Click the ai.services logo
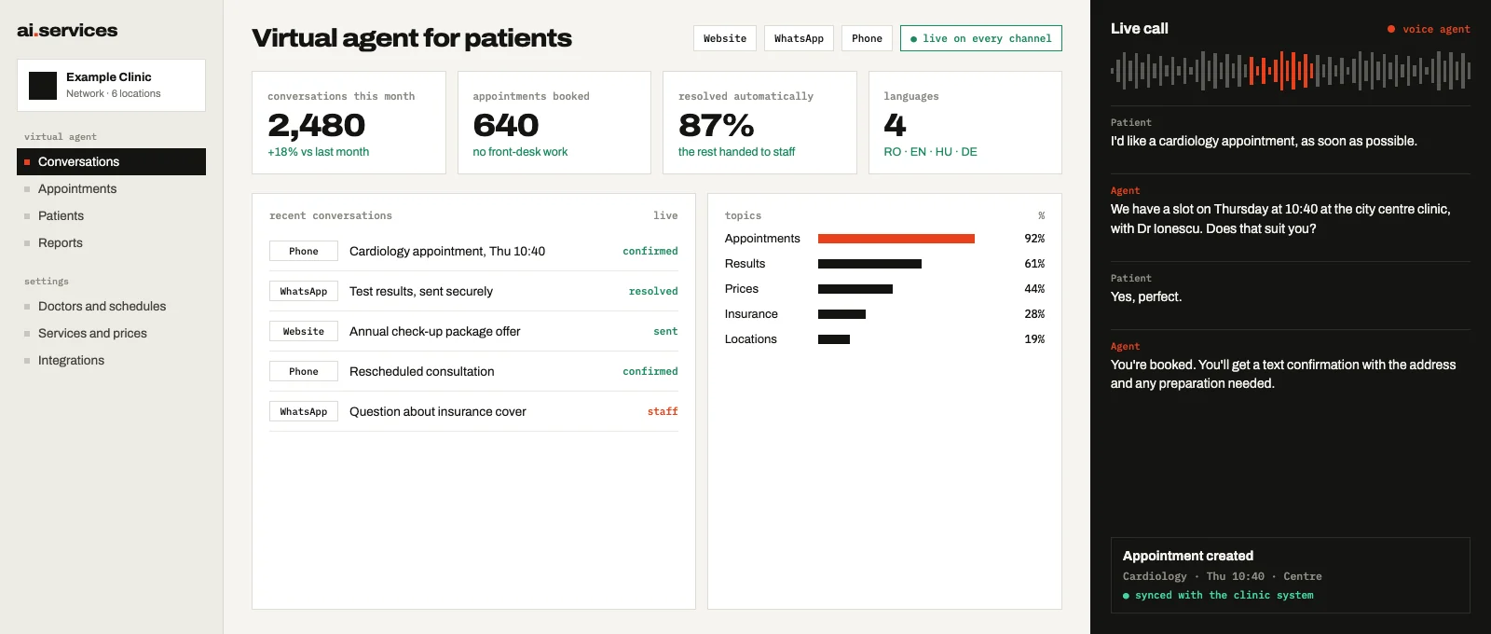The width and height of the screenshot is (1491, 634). point(67,30)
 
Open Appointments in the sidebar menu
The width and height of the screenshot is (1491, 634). point(77,188)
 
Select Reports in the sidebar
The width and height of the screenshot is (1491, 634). point(60,242)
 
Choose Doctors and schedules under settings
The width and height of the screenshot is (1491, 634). point(102,306)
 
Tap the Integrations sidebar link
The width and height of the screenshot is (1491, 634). point(71,360)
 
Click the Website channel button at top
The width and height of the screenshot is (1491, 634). point(725,38)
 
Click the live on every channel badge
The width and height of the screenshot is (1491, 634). point(980,38)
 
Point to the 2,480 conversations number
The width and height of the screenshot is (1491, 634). point(316,125)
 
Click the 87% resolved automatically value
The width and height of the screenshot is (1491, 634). point(717,125)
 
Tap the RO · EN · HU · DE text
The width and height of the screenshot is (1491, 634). point(930,152)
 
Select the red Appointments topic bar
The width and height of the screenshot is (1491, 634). point(896,239)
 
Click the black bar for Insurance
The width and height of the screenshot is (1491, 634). point(841,314)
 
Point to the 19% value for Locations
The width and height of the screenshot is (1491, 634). point(1034,339)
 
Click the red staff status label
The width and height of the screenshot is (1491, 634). point(663,411)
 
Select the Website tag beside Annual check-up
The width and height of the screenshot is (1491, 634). point(304,331)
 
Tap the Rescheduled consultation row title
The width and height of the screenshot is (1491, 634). point(421,371)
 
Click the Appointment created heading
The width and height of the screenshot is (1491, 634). point(1187,556)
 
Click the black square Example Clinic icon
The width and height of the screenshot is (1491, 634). point(43,85)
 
